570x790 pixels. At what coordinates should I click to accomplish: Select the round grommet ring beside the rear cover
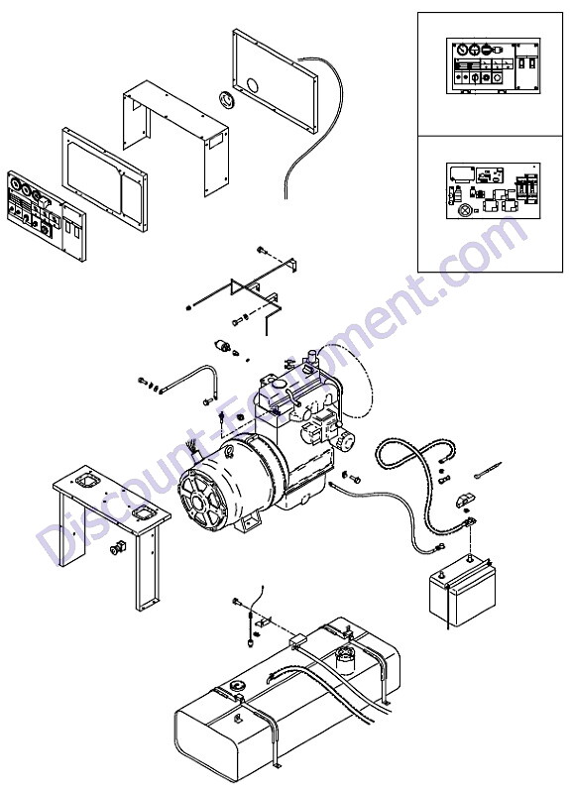(x=227, y=100)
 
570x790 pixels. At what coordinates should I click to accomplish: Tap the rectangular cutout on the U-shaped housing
(x=217, y=140)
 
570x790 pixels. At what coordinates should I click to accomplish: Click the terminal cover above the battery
(x=465, y=500)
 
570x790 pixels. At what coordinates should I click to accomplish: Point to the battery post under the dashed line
(x=470, y=559)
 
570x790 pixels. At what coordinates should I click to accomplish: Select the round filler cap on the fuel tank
(x=236, y=687)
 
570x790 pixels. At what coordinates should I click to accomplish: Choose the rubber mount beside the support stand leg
(x=117, y=548)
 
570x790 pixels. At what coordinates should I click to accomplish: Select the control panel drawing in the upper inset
(x=493, y=65)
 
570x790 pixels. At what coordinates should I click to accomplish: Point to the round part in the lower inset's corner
(x=464, y=211)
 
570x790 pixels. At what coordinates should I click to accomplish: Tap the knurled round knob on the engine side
(x=347, y=441)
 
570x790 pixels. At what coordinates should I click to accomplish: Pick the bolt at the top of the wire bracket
(x=261, y=250)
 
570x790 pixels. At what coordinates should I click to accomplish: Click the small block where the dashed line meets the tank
(x=295, y=640)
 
